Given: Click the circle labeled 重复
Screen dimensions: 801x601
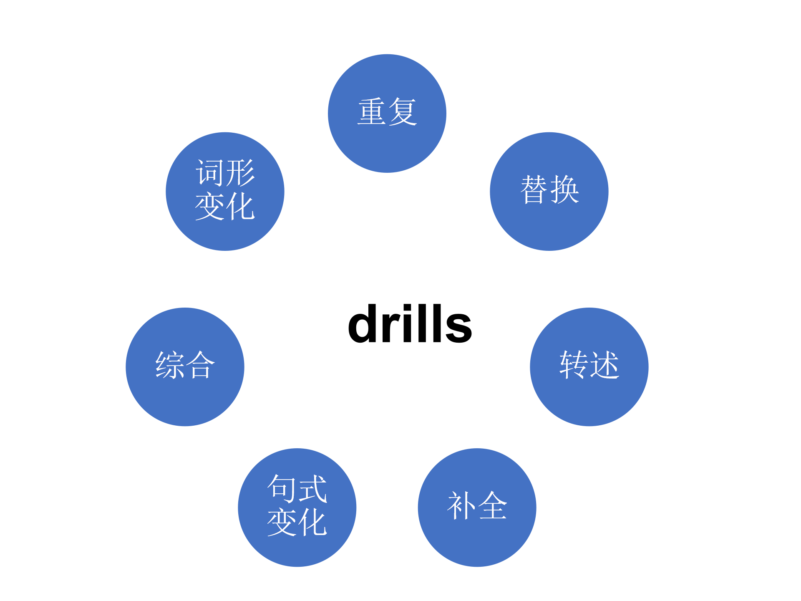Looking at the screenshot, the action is (387, 114).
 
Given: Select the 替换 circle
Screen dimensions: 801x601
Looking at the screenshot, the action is (549, 192).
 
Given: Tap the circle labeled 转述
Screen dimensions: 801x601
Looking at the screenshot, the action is (589, 367).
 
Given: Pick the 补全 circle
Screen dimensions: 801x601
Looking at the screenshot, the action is (477, 508).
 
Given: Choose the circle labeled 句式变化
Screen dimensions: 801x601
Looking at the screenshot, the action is (297, 508).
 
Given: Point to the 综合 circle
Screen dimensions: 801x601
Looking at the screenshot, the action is (185, 367).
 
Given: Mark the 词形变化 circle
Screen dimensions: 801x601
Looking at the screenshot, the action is (225, 192).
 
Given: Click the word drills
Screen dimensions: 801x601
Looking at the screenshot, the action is (410, 324).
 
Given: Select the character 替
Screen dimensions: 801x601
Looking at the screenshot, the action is (534, 190).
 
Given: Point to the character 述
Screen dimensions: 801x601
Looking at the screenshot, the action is (605, 365).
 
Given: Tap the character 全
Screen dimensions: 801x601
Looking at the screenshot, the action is (493, 506).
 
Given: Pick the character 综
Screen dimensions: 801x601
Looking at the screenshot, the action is (169, 365).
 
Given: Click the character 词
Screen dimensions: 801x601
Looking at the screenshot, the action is (209, 173).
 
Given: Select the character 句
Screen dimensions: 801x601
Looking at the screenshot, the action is (282, 488).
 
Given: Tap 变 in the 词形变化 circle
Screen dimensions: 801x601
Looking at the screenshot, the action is (209, 206).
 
